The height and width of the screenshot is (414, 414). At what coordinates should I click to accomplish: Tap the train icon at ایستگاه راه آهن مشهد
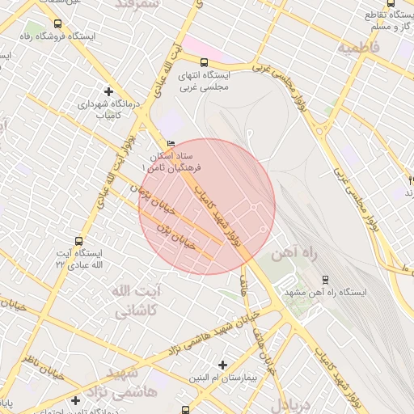pyautogui.click(x=326, y=279)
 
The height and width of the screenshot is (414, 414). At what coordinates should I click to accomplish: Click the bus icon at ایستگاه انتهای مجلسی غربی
pyautogui.click(x=205, y=61)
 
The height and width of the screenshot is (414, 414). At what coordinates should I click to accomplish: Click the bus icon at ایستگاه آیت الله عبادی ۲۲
pyautogui.click(x=78, y=240)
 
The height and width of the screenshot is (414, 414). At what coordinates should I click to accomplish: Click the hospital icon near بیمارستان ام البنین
pyautogui.click(x=222, y=365)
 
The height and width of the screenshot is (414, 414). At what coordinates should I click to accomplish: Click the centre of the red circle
pyautogui.click(x=207, y=206)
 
